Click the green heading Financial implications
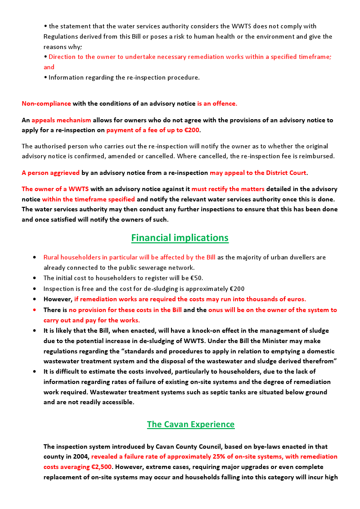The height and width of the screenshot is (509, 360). (180, 237)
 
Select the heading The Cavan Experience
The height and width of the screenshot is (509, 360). (190, 424)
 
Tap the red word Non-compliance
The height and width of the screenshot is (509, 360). (46, 103)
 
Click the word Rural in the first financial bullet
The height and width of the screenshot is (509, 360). (51, 257)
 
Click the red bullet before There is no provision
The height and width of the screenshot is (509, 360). (35, 310)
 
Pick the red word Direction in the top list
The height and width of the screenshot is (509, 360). (63, 57)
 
